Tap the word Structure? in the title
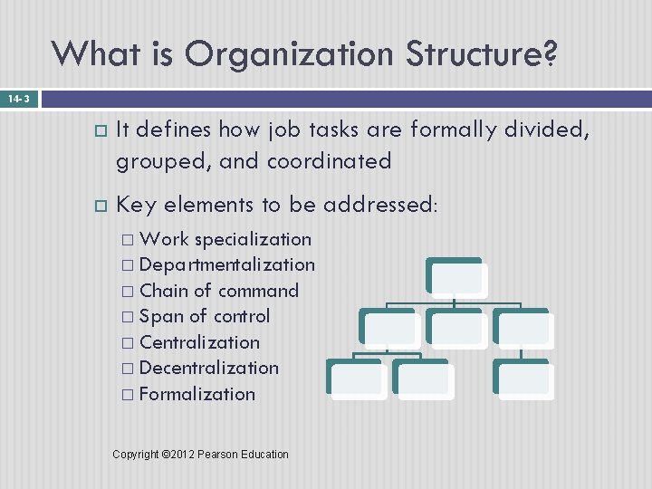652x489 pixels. tap(482, 54)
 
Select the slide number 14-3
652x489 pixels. tap(18, 98)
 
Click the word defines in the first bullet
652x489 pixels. tap(176, 130)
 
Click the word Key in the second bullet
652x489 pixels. tap(136, 205)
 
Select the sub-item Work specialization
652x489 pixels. tap(225, 239)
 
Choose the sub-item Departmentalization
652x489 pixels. tap(227, 264)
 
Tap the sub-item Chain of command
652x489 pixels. tap(219, 291)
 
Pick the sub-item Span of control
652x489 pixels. tap(205, 316)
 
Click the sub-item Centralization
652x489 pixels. tap(199, 342)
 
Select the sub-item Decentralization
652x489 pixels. tap(209, 368)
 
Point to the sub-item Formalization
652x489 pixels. tap(197, 394)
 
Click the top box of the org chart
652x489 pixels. tap(455, 276)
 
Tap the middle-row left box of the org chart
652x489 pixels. tap(388, 326)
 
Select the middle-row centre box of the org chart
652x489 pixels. tap(455, 326)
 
